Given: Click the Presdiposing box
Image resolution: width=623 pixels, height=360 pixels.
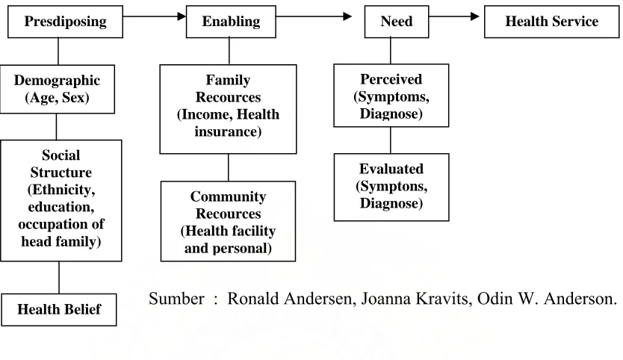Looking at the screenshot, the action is [65, 22].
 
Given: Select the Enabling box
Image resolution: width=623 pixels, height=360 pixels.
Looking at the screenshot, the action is [231, 22].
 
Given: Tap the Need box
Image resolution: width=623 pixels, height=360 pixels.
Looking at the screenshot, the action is [397, 22].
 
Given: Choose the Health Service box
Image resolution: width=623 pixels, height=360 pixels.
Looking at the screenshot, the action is [551, 22].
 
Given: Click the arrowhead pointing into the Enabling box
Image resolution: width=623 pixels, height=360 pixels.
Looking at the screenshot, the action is [182, 16].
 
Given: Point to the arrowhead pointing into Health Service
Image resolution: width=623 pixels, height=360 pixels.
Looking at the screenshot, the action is [475, 16].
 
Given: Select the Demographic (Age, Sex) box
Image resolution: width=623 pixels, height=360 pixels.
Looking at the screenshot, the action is [58, 90].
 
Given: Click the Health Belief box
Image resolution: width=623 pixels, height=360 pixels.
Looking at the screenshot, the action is [59, 310].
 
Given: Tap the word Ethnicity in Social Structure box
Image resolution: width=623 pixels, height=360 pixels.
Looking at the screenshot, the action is [63, 190].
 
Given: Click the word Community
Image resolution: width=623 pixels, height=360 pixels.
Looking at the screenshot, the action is [228, 196].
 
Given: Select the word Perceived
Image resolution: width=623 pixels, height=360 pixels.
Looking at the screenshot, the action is [391, 79].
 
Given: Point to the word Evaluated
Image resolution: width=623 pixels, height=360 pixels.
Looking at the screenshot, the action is [391, 169].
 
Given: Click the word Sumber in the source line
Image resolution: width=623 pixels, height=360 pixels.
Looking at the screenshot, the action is [176, 299].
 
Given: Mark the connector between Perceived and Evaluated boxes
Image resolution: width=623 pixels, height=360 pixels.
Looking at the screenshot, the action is [390, 140].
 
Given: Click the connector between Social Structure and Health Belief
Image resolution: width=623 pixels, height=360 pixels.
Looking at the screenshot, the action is [59, 277].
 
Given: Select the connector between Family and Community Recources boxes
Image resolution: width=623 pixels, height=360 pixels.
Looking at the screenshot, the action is [229, 168].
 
